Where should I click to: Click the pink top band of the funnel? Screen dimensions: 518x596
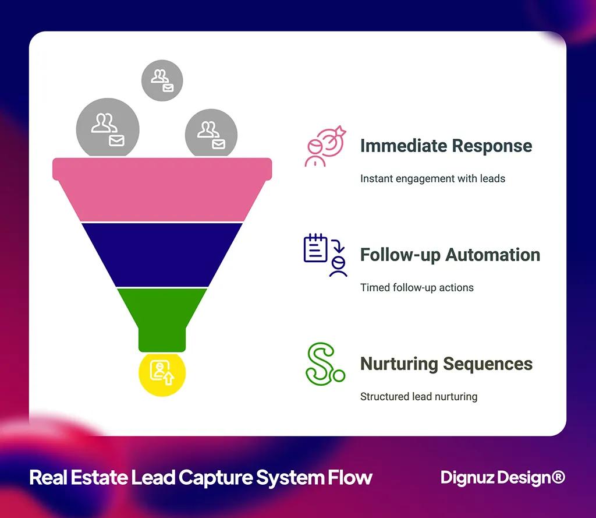[x=162, y=189]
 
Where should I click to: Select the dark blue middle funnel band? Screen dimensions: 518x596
[x=162, y=254]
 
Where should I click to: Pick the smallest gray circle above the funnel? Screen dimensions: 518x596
[x=162, y=80]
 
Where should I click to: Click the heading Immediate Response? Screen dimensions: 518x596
[x=446, y=146]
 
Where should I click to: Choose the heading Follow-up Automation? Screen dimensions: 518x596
[x=450, y=255]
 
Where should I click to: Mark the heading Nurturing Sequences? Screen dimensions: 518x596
[x=446, y=364]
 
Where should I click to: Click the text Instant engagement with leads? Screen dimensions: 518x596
[x=432, y=178]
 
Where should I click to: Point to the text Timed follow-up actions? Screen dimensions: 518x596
[x=417, y=287]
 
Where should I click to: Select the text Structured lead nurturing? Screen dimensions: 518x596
[x=418, y=396]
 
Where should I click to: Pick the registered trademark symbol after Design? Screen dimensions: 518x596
[x=558, y=477]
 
